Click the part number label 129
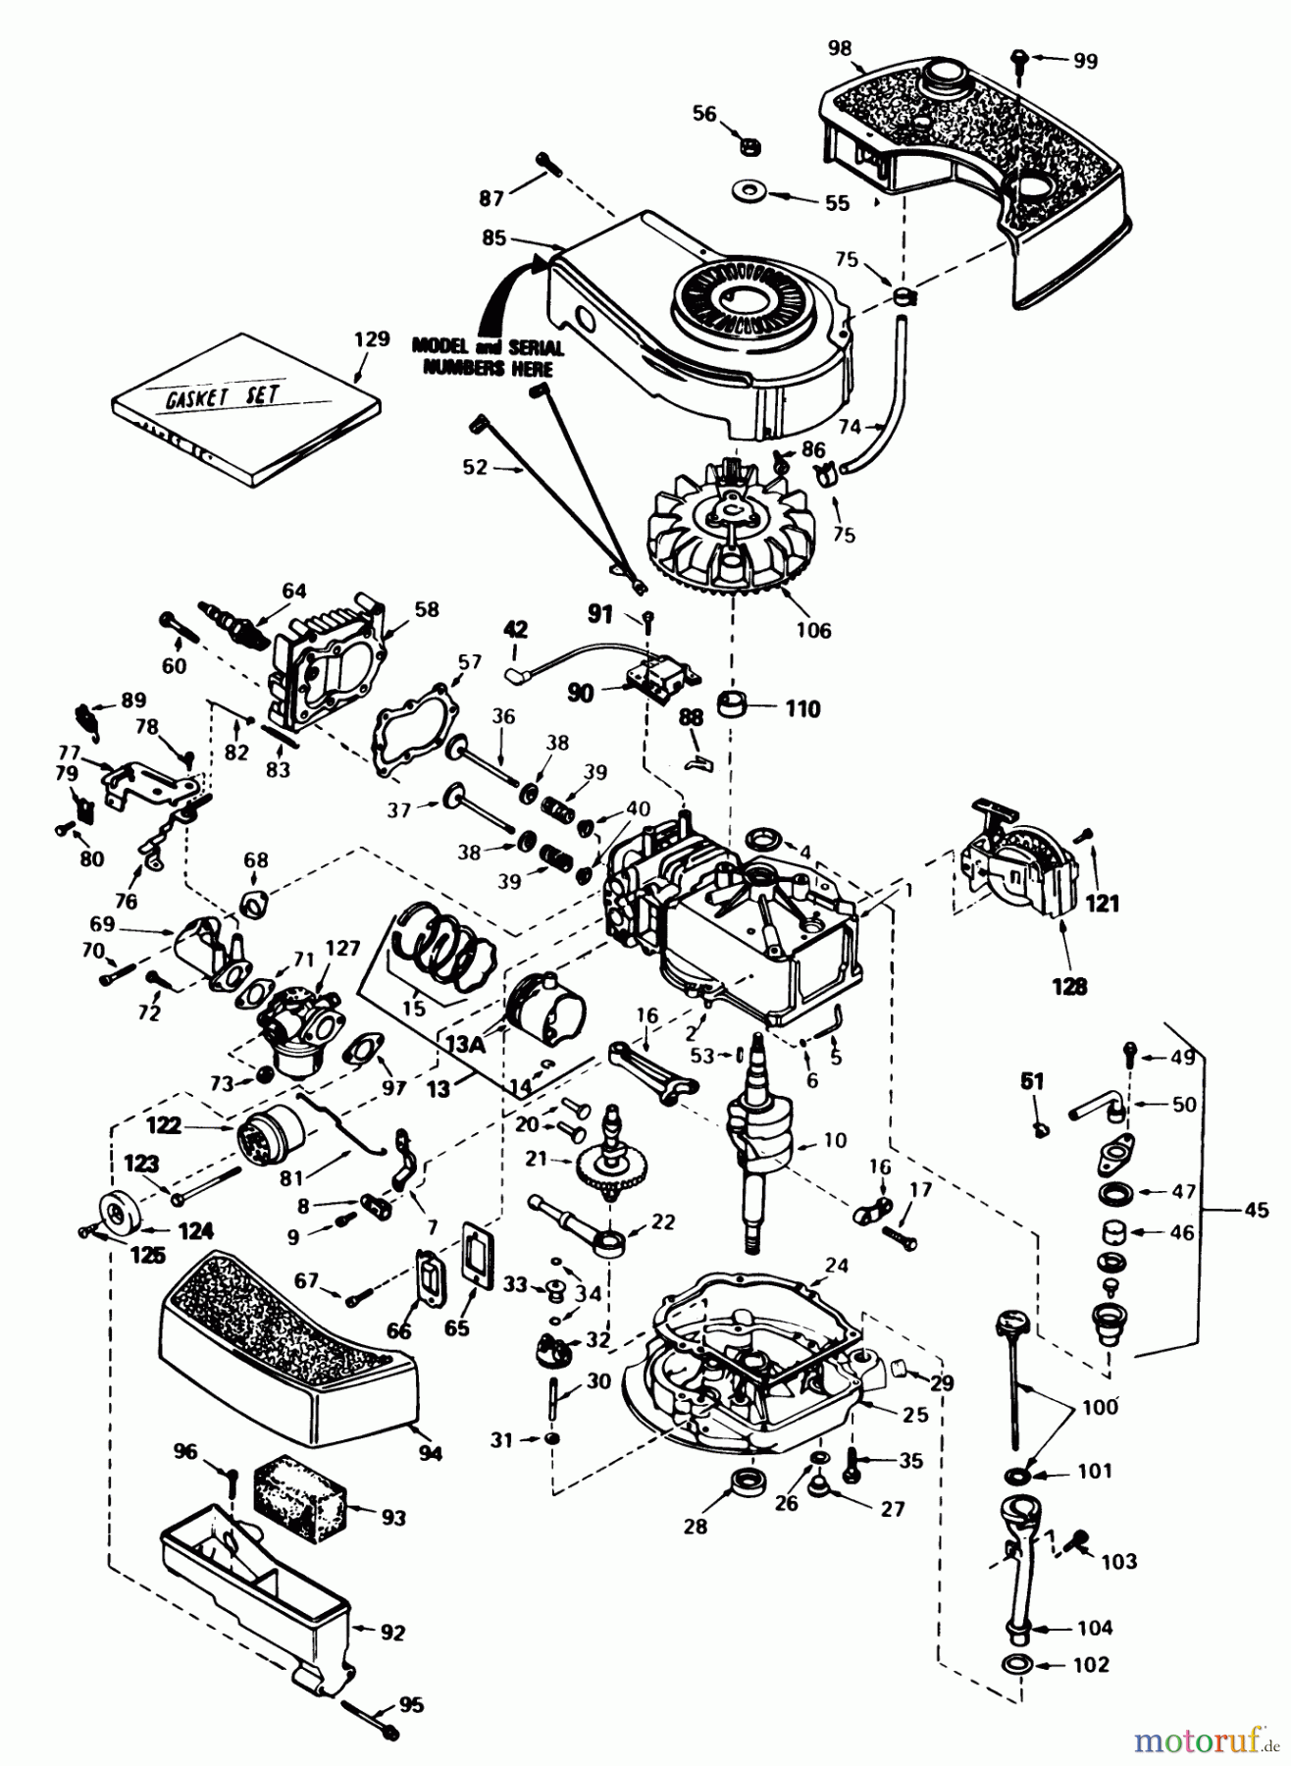(371, 340)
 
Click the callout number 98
(840, 48)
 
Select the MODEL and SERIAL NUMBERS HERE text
(488, 357)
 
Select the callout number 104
(1094, 1628)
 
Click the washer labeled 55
(750, 188)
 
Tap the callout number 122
(164, 1125)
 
